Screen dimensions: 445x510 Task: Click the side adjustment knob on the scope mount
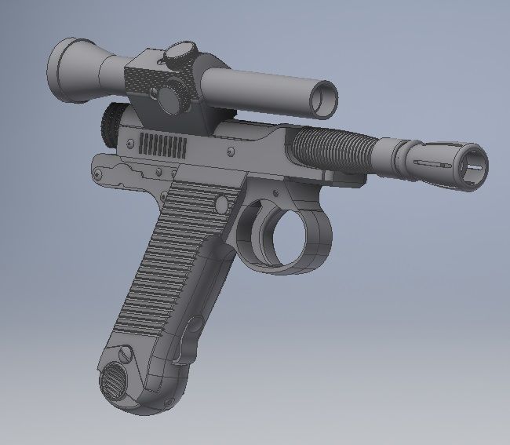(168, 97)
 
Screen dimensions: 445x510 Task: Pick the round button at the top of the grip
(222, 205)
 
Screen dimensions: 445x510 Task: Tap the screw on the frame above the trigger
(275, 190)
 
